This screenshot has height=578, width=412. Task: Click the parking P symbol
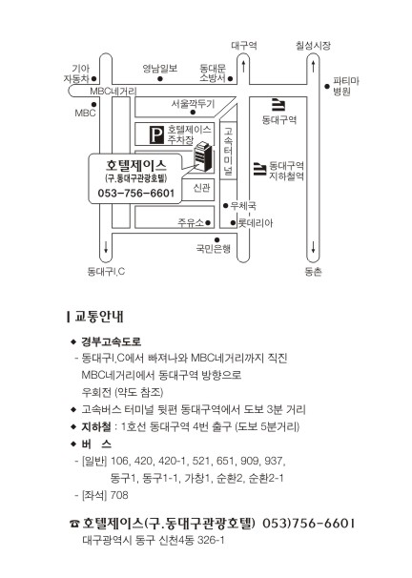click(156, 134)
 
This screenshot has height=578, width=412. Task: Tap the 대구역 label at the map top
click(244, 46)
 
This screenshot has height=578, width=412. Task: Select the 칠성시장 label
click(313, 46)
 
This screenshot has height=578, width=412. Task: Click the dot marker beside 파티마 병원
click(327, 86)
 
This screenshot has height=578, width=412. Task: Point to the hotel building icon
click(203, 156)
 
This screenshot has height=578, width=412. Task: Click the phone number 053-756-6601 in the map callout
click(136, 194)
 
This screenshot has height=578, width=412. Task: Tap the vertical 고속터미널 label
click(228, 151)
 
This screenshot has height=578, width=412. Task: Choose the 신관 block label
click(201, 188)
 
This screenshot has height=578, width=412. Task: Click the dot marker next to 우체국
click(226, 206)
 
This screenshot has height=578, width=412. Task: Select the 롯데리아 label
click(256, 222)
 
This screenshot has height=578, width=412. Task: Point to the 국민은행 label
click(214, 249)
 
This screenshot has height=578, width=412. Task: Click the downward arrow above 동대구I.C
click(106, 246)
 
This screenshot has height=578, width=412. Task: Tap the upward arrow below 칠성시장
click(313, 67)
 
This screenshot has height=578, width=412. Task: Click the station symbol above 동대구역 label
click(278, 105)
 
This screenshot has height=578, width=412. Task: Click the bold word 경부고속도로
click(111, 341)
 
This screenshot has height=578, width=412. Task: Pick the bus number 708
click(119, 495)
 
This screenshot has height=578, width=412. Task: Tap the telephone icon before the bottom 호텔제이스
click(74, 524)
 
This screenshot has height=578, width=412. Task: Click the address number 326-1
click(211, 541)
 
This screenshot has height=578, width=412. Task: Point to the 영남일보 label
click(160, 68)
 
